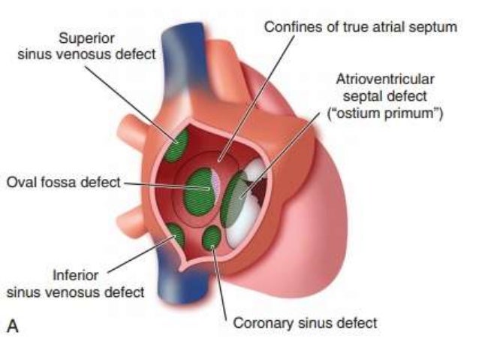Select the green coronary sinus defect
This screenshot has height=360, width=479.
[212, 238]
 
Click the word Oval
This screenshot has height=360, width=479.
[22, 183]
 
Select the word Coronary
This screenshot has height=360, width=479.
[260, 324]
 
